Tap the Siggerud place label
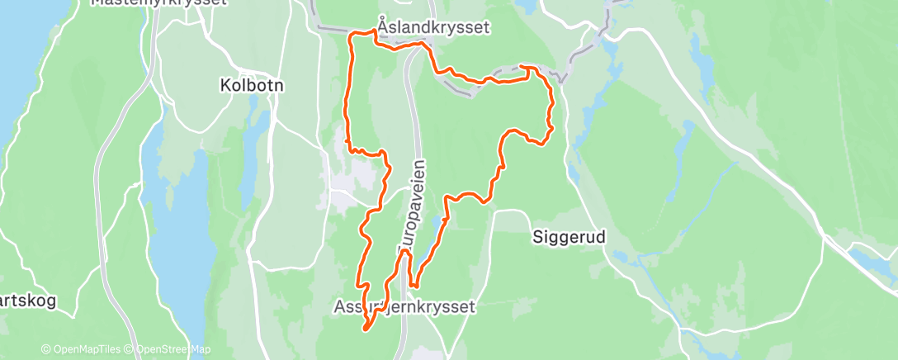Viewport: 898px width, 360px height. tap(568, 237)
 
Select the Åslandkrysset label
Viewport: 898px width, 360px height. tap(433, 27)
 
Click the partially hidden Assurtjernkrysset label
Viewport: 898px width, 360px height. tap(404, 307)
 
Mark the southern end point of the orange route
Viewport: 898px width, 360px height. tap(365, 330)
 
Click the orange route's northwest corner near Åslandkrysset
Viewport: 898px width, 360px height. tap(353, 35)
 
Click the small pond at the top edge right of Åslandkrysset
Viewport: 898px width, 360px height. tap(525, 7)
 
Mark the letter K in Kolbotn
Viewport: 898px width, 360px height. tap(225, 84)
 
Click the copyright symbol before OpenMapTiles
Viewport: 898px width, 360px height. tap(45, 350)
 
